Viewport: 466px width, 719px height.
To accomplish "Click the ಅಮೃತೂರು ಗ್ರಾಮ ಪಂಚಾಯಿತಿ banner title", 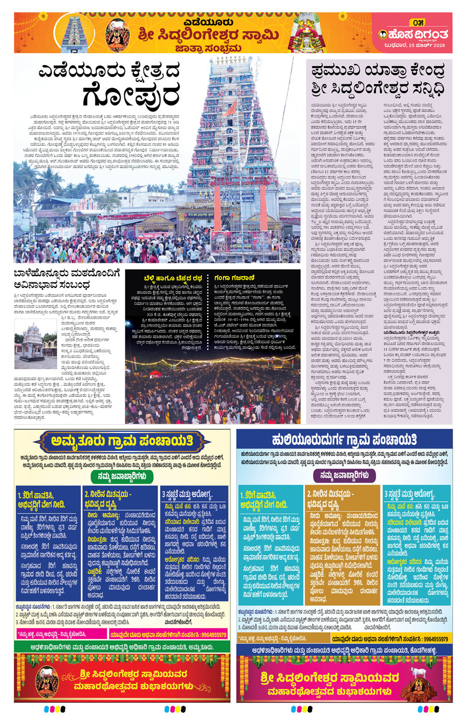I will tap(122, 441).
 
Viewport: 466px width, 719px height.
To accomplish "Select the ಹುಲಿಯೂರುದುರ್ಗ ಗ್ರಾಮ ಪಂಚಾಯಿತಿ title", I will tap(344, 440).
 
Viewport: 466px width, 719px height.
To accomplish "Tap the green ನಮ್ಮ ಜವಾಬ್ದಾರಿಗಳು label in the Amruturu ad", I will tap(122, 476).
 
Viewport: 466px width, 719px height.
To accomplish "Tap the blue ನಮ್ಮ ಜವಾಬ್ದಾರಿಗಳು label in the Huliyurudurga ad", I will tap(344, 475).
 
